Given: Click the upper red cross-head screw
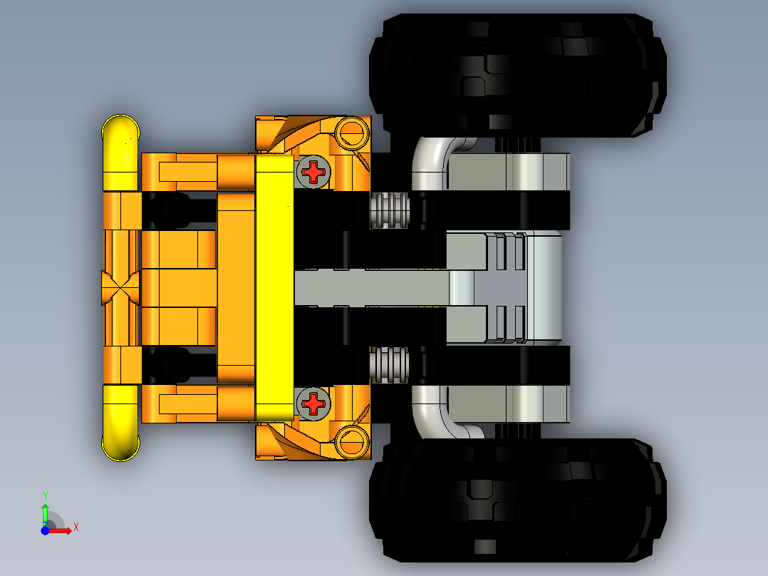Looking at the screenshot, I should (313, 171).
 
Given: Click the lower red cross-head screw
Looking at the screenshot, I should (313, 403).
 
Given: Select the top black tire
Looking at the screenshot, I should (517, 75).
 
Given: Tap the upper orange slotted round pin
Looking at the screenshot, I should (351, 132).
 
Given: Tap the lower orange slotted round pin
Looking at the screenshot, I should (351, 441).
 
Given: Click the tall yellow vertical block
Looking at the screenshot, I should (274, 287).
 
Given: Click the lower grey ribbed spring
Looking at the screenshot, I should (390, 365).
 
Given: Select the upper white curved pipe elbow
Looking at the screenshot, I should (435, 160).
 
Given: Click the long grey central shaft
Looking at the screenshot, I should (370, 287).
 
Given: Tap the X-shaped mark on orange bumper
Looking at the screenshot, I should (121, 288).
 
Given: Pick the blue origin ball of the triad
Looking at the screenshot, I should (45, 530).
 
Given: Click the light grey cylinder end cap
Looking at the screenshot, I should (546, 287).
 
